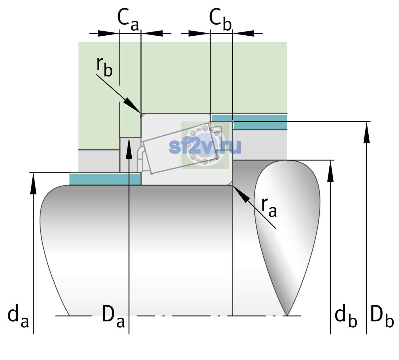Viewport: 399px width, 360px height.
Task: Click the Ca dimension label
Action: [x=128, y=19]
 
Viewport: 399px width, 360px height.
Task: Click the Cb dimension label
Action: [x=220, y=19]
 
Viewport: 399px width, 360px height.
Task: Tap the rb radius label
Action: [x=104, y=67]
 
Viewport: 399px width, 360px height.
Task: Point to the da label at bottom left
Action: [x=18, y=316]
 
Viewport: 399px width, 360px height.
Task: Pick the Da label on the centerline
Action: [x=113, y=316]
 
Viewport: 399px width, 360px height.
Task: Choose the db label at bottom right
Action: [x=346, y=316]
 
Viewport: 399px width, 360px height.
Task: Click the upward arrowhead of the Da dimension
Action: [x=129, y=148]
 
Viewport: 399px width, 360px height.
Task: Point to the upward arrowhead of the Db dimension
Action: [x=367, y=132]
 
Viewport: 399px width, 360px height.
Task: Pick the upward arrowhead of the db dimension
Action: [x=330, y=171]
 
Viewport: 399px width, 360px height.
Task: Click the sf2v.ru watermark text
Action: [x=205, y=147]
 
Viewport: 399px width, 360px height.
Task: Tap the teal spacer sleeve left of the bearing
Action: [x=105, y=179]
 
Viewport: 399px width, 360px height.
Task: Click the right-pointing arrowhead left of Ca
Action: [x=109, y=33]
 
